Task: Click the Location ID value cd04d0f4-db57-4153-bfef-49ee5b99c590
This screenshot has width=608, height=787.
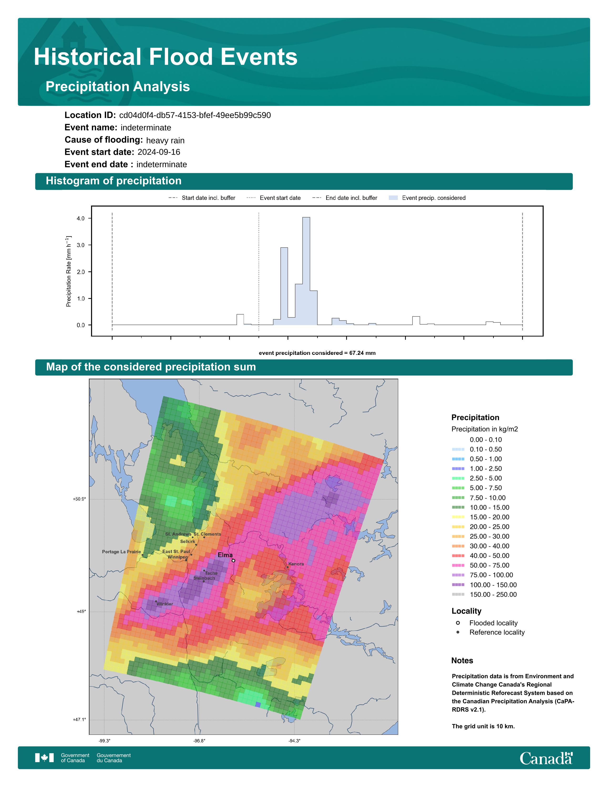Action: click(195, 115)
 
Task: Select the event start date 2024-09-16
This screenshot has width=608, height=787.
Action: click(159, 152)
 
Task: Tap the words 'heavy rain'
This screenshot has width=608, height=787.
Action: click(165, 140)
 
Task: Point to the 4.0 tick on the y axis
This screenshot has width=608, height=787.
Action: click(80, 218)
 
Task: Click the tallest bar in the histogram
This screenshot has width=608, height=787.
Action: click(306, 271)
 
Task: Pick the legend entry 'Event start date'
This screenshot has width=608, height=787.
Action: click(273, 198)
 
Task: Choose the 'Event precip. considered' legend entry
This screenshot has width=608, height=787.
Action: click(427, 198)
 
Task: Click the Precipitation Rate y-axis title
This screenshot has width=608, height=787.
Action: click(68, 271)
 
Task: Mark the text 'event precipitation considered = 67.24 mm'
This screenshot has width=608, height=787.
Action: click(317, 353)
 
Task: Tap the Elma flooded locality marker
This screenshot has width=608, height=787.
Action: click(233, 561)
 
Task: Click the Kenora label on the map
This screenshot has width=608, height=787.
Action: click(296, 564)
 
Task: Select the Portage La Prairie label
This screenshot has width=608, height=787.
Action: click(121, 552)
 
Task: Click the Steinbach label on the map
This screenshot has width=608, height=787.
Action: click(204, 578)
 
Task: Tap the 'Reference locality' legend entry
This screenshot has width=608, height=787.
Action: click(490, 632)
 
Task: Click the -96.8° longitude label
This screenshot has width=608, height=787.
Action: click(199, 741)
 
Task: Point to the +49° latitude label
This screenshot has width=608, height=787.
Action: click(81, 611)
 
